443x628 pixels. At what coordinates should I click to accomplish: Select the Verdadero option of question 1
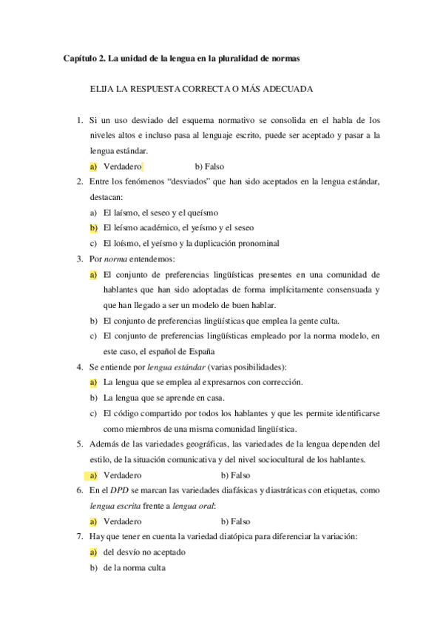tap(123, 167)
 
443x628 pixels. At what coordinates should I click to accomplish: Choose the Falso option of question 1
tap(209, 167)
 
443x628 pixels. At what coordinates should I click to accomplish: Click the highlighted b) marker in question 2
tap(93, 227)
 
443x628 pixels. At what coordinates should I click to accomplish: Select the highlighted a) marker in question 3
tap(93, 274)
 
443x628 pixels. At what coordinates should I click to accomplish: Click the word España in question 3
tap(200, 351)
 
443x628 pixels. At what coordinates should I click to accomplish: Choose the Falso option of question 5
tap(236, 475)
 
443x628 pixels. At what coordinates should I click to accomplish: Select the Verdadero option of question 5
tap(123, 475)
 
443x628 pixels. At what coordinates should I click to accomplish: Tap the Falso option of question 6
tap(236, 521)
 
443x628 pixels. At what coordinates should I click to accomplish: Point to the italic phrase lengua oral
tap(192, 506)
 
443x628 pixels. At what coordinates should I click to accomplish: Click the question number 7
tap(79, 536)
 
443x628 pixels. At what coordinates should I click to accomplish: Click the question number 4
tap(79, 367)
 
